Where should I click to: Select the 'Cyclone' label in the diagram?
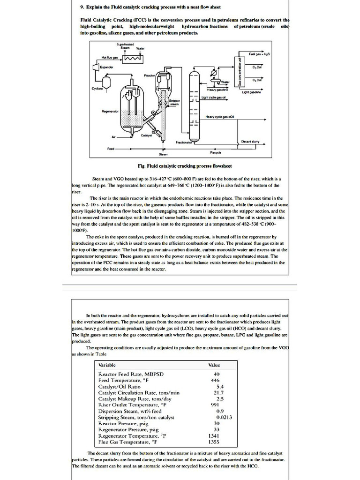tap(97, 88)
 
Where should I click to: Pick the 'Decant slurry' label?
tap(250, 141)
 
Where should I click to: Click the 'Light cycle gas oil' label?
tap(214, 97)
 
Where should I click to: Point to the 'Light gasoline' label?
tap(252, 92)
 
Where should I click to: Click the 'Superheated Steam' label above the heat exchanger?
tap(125, 46)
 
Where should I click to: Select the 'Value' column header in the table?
tap(214, 365)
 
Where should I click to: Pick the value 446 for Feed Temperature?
tap(215, 381)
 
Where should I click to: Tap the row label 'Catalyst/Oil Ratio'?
tap(119, 387)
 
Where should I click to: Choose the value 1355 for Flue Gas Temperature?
tap(214, 442)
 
